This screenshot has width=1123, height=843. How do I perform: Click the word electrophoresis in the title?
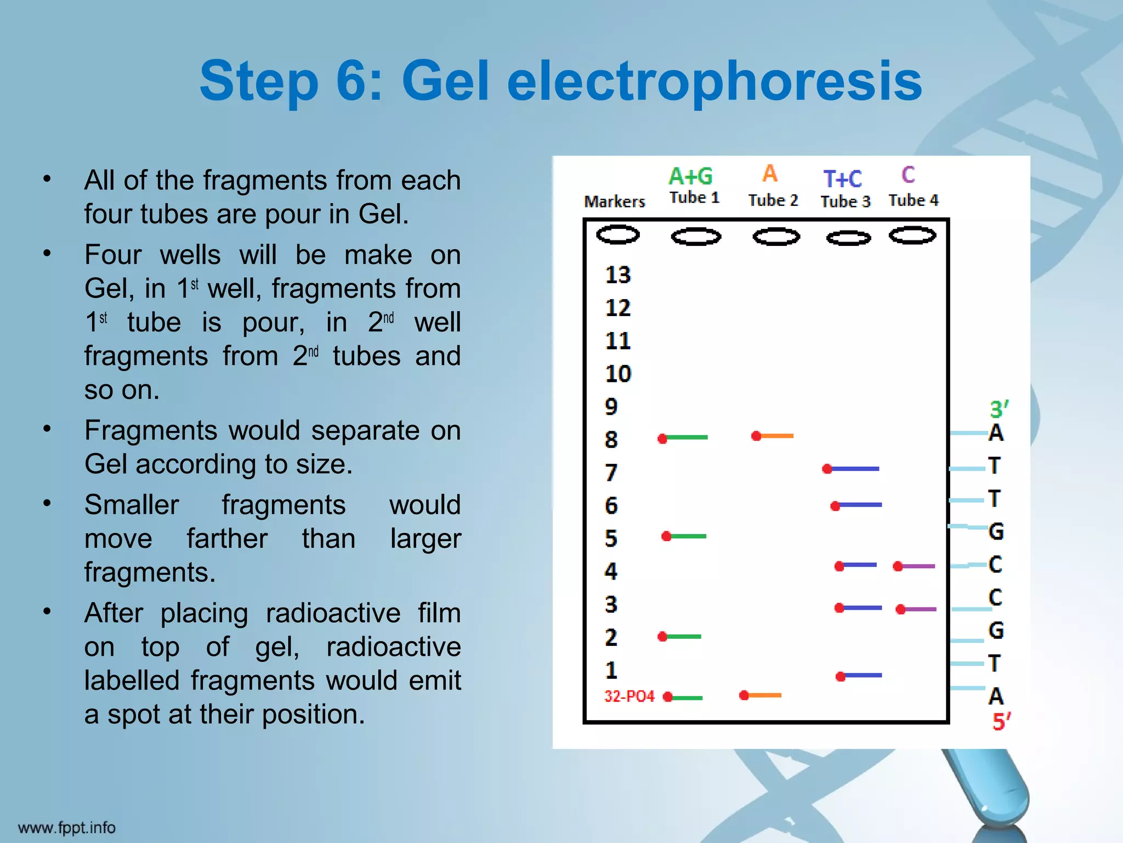click(714, 82)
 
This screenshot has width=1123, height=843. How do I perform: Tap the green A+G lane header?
click(690, 177)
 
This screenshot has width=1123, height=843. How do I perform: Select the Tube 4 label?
click(914, 200)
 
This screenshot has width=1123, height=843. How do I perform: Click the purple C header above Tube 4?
click(908, 175)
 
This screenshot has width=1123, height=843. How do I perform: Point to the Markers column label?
click(615, 202)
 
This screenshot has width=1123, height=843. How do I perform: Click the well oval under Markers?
click(617, 235)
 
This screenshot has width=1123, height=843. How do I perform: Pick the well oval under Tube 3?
click(848, 238)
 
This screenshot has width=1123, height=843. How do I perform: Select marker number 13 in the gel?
click(618, 275)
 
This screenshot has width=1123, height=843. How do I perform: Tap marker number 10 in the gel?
click(618, 374)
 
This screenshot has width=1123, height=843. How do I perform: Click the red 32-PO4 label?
click(629, 696)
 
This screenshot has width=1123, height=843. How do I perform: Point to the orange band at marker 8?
click(773, 436)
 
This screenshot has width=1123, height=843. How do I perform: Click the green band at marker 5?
click(685, 536)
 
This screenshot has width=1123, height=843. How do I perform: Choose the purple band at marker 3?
click(918, 609)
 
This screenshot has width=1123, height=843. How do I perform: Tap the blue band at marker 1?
click(859, 676)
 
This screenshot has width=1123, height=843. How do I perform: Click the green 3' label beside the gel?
click(999, 409)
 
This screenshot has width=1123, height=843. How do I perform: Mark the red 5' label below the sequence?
click(1001, 721)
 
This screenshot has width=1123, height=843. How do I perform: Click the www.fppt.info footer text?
click(67, 828)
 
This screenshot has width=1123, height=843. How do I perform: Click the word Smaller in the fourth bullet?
click(132, 505)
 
